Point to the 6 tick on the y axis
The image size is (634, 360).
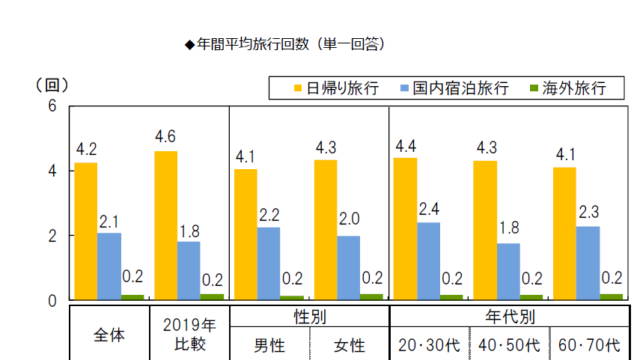click(52, 106)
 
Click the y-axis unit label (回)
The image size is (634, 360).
click(52, 85)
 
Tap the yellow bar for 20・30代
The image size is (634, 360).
click(405, 228)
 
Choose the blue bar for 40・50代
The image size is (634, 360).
click(508, 271)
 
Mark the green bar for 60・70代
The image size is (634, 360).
click(612, 297)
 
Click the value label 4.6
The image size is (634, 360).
click(165, 137)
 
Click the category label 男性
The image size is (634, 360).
click(268, 346)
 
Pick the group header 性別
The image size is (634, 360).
click(308, 317)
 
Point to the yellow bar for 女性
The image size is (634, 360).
click(326, 230)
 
